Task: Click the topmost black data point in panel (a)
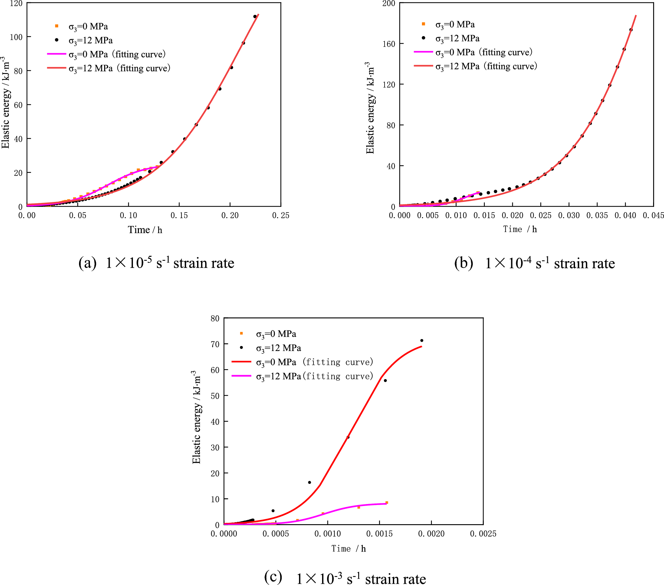tap(255, 17)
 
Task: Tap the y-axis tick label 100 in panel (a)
tap(16, 37)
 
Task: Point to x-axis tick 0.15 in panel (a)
tap(179, 215)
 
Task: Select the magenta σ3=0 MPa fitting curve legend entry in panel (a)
tap(106, 54)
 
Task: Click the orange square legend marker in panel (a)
tap(57, 26)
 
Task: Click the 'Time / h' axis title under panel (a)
tap(145, 230)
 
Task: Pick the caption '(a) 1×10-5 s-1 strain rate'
tap(156, 263)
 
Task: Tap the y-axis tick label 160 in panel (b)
tap(389, 44)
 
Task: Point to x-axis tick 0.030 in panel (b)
tap(569, 215)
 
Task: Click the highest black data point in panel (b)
tap(631, 30)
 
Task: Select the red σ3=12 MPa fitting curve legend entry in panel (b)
tap(475, 66)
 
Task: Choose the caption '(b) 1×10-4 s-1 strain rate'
tap(534, 263)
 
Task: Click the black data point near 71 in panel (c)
tap(422, 340)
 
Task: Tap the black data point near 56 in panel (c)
tap(385, 380)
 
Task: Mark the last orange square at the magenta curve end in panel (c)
tap(387, 503)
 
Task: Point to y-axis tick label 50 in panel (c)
tap(215, 396)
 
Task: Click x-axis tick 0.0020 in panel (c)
tap(431, 533)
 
